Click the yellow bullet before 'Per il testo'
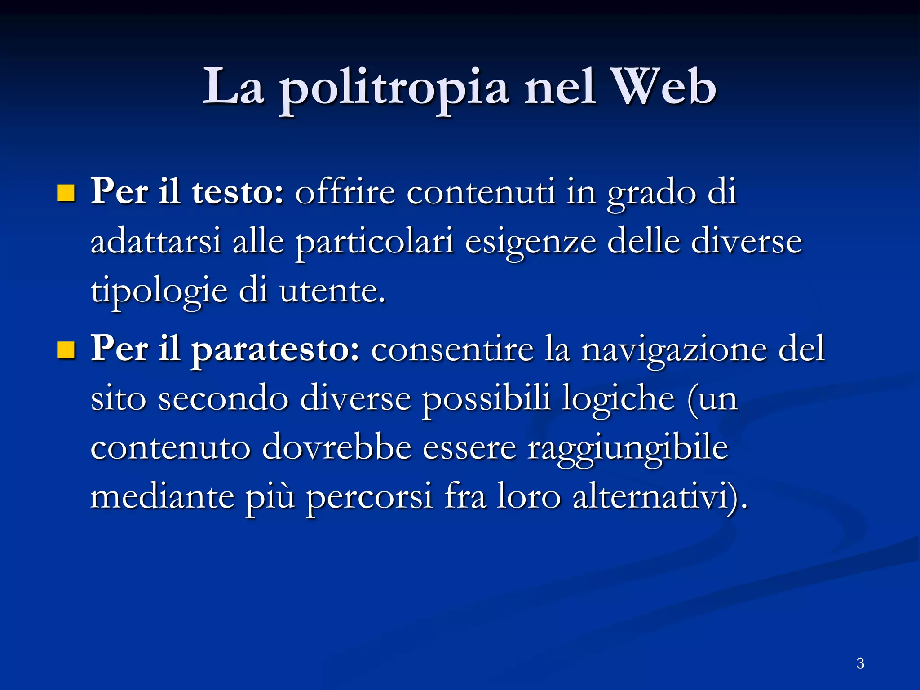click(x=66, y=194)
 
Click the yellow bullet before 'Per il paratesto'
click(x=66, y=350)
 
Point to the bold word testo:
click(x=238, y=192)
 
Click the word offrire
click(x=345, y=192)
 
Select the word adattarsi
click(x=156, y=242)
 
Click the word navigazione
click(x=674, y=349)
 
